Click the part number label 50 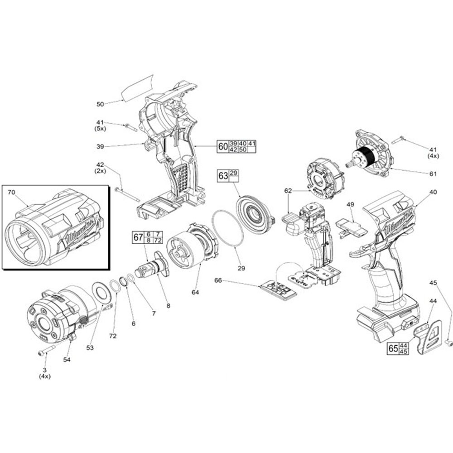(x=100, y=104)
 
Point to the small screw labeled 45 (x=448, y=343)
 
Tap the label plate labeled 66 (x=278, y=290)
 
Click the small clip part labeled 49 (x=352, y=226)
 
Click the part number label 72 (x=113, y=336)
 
